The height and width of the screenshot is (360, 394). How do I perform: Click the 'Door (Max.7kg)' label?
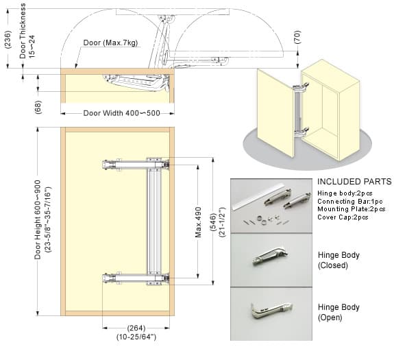110,43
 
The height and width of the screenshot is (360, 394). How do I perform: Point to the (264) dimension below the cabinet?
136,327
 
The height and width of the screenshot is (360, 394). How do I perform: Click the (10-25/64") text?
136,337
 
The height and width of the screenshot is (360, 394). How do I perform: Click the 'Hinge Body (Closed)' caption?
338,261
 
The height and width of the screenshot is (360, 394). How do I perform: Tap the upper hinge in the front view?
136,165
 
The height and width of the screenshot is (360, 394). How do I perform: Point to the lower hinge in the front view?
136,278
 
